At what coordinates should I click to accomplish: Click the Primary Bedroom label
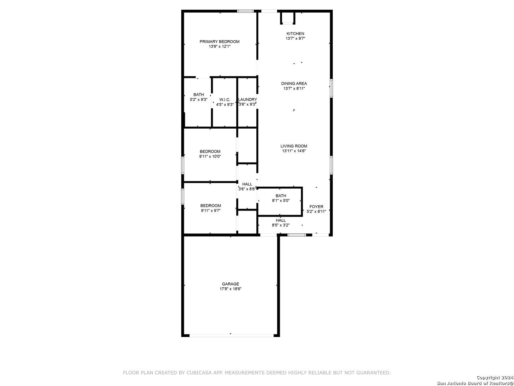219,41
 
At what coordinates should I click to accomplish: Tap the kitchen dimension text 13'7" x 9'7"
295,38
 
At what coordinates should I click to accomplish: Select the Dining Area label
294,84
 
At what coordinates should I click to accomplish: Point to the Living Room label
294,146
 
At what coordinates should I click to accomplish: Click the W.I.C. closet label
225,100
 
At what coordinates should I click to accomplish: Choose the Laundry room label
247,100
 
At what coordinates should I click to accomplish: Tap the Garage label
230,284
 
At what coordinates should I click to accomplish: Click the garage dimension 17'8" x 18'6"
231,289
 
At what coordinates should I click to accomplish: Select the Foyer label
316,207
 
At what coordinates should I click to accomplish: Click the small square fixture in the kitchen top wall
288,18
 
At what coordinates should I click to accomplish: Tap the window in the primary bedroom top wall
246,11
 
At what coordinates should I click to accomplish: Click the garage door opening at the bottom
231,335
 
